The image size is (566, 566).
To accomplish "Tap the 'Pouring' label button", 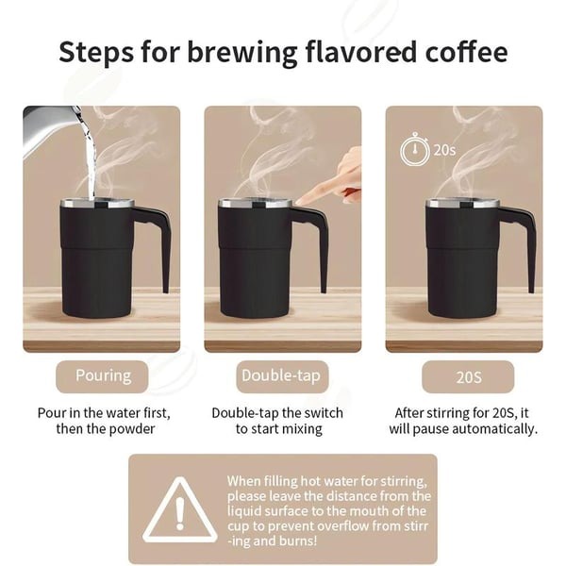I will coord(103,375).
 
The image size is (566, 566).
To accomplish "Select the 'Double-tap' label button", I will coord(281,375).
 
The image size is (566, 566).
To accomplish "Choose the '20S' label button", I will coord(464,377).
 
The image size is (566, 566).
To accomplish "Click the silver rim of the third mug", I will coord(460,203).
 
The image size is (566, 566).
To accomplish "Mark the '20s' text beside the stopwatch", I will coord(444,150).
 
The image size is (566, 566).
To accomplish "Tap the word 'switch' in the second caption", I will coord(322,413).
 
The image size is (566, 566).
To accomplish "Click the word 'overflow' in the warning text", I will coord(325,525).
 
